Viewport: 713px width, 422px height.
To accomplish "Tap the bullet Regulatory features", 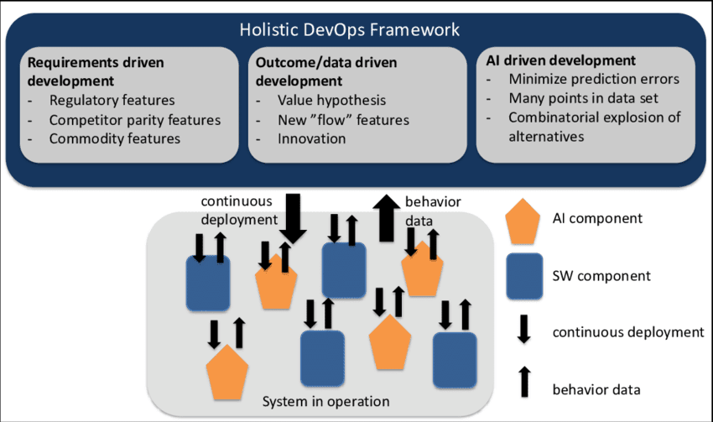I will point(112,101).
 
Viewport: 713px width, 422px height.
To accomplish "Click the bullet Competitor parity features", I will point(134,120).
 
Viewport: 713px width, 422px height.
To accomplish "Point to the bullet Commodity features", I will point(115,138).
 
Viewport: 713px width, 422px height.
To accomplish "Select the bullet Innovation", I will point(311,138).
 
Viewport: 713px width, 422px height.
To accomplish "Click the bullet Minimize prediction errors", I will point(594,80).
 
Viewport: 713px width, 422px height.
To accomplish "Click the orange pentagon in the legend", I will point(524,221).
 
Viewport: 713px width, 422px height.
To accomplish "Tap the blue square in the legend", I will point(525,276).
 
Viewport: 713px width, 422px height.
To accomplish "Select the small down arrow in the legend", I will point(525,330).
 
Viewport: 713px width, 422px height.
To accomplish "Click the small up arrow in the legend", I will point(525,383).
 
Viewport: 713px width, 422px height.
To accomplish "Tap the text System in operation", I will point(315,401).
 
